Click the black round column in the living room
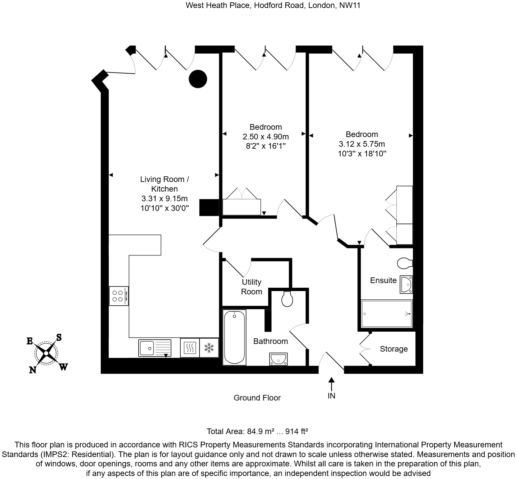pyautogui.click(x=198, y=79)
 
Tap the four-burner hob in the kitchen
pyautogui.click(x=118, y=296)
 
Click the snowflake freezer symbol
pyautogui.click(x=209, y=348)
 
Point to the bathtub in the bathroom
pyautogui.click(x=235, y=337)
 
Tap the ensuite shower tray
pyautogui.click(x=387, y=314)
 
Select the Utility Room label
pyautogui.click(x=252, y=287)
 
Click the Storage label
pyautogui.click(x=394, y=349)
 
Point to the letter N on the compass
pyautogui.click(x=33, y=370)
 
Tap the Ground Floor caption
pyautogui.click(x=257, y=398)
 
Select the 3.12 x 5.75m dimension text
pyautogui.click(x=362, y=144)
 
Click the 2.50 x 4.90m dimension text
pyautogui.click(x=265, y=137)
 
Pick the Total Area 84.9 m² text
pyautogui.click(x=257, y=431)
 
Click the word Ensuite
pyautogui.click(x=383, y=280)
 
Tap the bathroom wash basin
pyautogui.click(x=278, y=359)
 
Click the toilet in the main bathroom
pyautogui.click(x=287, y=299)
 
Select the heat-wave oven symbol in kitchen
pyautogui.click(x=190, y=348)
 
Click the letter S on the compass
pyautogui.click(x=59, y=337)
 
